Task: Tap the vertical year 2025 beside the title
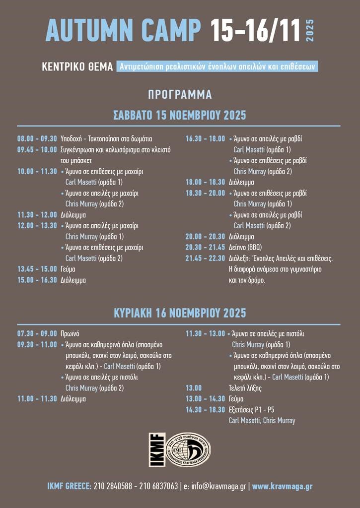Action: [310, 31]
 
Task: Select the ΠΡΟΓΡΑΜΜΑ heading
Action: [180, 94]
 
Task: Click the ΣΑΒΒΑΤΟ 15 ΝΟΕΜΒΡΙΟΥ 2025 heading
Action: [180, 116]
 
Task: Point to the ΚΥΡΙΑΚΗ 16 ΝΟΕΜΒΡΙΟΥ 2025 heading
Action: [180, 314]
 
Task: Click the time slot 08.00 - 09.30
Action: [37, 139]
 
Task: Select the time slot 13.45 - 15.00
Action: [37, 269]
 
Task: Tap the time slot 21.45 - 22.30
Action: [205, 258]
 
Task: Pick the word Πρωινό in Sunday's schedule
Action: [70, 334]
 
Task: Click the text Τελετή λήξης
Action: [245, 388]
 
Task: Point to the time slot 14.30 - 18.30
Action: [205, 410]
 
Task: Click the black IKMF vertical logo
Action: [157, 449]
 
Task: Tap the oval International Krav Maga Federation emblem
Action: [188, 449]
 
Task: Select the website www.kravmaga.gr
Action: [282, 487]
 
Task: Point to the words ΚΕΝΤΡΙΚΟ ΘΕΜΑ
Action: [78, 67]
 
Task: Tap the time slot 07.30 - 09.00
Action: [37, 334]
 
